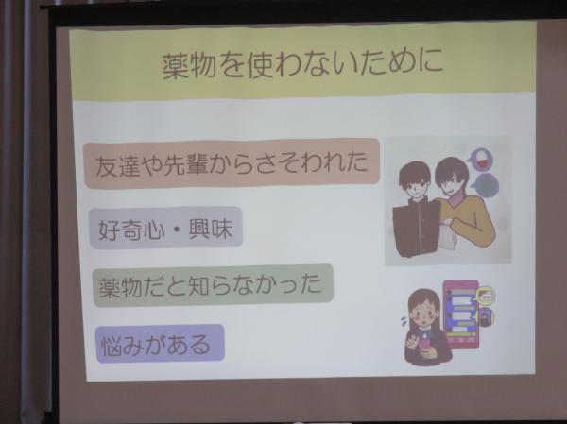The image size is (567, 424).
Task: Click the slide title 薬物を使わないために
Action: point(302,65)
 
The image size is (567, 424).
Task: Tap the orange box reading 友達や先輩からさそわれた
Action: point(232,163)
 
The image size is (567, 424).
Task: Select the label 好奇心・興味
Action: point(165,229)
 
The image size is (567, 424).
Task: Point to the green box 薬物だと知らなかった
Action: point(213,285)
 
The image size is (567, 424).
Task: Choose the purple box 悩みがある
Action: point(160,344)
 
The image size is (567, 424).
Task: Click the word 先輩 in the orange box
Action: point(185,165)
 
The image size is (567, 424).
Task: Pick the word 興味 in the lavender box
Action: point(210,228)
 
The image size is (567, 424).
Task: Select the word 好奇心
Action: point(131,229)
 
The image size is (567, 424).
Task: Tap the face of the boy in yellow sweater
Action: point(451,181)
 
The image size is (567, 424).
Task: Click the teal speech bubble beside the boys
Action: point(485,185)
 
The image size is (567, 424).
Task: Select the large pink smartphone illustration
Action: point(461,314)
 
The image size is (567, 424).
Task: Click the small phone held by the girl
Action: point(424,345)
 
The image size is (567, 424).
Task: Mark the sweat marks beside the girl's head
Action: point(404,320)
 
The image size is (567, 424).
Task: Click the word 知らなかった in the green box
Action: point(255,284)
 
